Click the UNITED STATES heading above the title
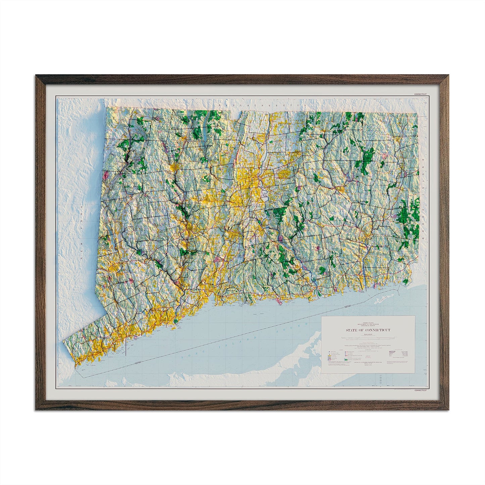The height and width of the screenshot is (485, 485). point(368,321)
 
